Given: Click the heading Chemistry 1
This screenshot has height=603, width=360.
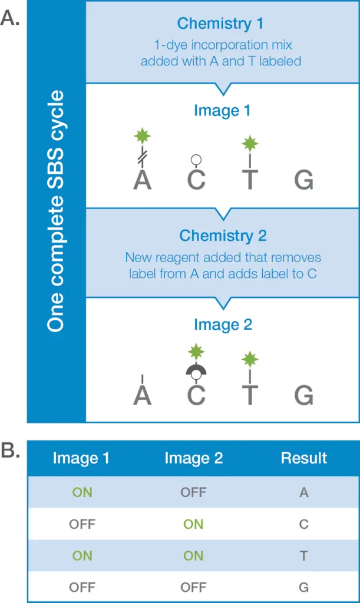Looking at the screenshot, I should [x=220, y=24].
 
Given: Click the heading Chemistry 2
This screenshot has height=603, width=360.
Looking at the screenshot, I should [x=223, y=236].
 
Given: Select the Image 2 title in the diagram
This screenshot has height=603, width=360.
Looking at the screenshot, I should [x=223, y=324].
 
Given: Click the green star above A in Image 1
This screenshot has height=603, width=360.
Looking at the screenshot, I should [x=142, y=137].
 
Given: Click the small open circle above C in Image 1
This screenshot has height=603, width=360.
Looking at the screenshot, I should [x=196, y=159].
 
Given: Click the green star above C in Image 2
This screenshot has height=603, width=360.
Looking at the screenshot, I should [x=196, y=352].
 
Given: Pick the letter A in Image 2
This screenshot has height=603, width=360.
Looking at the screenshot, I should [x=142, y=395].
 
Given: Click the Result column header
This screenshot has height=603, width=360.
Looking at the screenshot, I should [x=303, y=458].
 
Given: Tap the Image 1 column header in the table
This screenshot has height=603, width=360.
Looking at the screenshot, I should [x=81, y=458].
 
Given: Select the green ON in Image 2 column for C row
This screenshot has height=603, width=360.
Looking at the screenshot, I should [x=193, y=524].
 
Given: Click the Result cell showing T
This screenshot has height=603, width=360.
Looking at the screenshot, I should [x=304, y=555].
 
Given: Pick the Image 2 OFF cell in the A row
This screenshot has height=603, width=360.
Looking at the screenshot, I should [x=193, y=492].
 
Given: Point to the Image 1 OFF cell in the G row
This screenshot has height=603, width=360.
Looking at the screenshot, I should [x=82, y=587].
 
